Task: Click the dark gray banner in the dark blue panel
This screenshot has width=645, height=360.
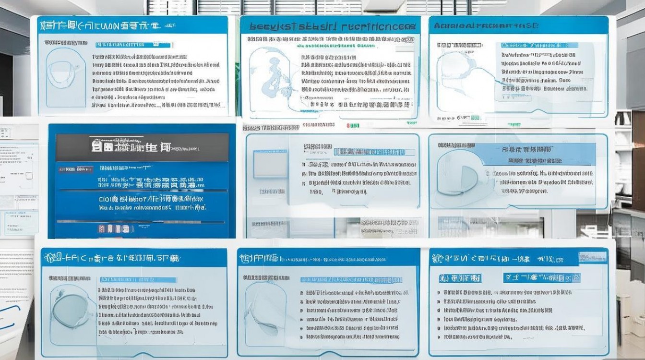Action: pyautogui.click(x=142, y=147)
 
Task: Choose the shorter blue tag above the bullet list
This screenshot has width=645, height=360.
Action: pyautogui.click(x=460, y=278)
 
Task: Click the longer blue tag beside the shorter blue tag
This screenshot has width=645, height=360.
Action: pyautogui.click(x=541, y=277)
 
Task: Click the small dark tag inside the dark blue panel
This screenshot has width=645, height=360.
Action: pyautogui.click(x=76, y=169)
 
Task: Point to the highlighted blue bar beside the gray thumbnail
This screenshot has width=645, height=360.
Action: pyautogui.click(x=375, y=152)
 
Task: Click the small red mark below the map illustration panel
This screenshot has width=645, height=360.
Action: pyautogui.click(x=355, y=126)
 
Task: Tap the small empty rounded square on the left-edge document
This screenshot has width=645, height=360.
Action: pyautogui.click(x=29, y=176)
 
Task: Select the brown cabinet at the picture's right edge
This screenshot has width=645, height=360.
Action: pyautogui.click(x=638, y=168)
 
